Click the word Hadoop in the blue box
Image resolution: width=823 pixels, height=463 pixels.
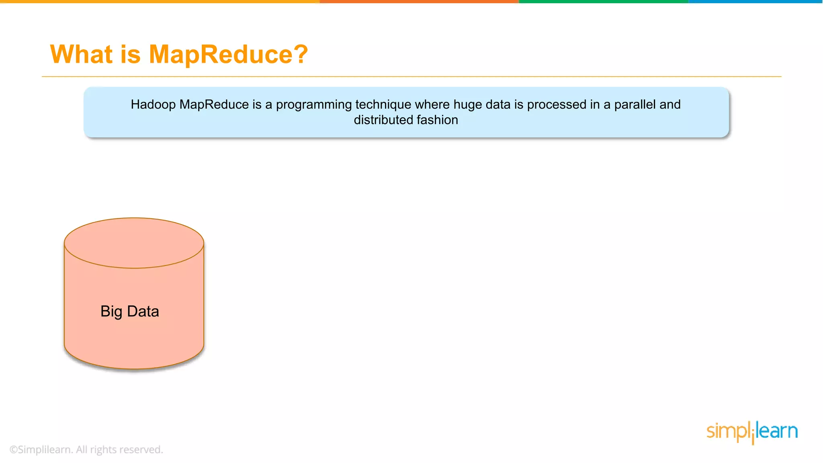[x=153, y=104]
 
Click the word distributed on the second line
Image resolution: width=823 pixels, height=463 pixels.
[x=383, y=120]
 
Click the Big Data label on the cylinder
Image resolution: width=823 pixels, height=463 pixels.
[x=130, y=311]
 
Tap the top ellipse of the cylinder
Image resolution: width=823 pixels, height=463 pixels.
[x=134, y=243]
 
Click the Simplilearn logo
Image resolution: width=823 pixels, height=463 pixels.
[x=752, y=432]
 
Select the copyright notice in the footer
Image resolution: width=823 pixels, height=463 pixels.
[x=86, y=450]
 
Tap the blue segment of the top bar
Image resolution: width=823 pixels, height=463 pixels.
[x=755, y=2]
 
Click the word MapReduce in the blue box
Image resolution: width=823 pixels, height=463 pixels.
[x=214, y=104]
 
